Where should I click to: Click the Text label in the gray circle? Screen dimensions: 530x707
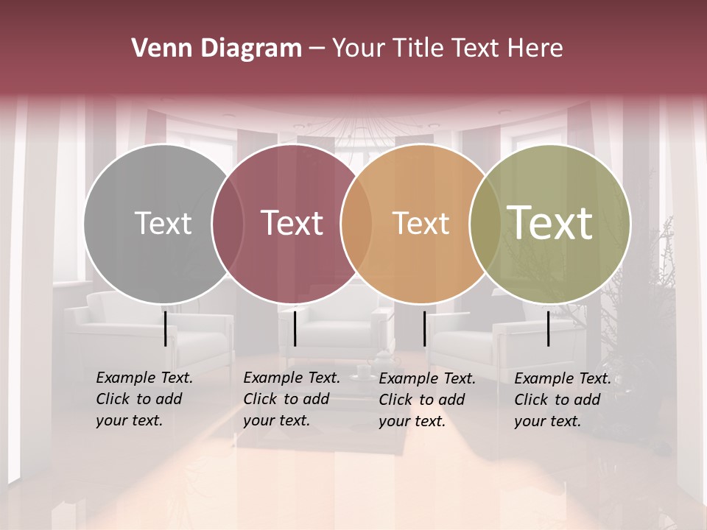tap(163, 223)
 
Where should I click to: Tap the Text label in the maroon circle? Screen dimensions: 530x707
tap(292, 223)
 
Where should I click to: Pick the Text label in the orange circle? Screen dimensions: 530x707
tap(421, 223)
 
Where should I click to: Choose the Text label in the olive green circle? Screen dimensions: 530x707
tap(550, 222)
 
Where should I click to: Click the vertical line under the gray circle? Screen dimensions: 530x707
tap(165, 328)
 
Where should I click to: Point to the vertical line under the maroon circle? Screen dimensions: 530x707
tap(295, 328)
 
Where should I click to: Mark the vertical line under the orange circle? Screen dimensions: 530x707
tap(424, 328)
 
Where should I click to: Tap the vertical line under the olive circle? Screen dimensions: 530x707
tap(549, 328)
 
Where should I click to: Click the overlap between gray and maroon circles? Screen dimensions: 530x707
tap(228, 224)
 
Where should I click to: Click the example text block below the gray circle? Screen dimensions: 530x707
tap(144, 399)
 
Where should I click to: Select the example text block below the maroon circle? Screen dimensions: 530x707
tap(292, 399)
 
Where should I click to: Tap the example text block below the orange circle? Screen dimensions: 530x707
tap(427, 400)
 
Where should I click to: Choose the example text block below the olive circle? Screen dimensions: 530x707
tap(563, 400)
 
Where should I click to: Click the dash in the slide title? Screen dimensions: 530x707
tap(317, 49)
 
